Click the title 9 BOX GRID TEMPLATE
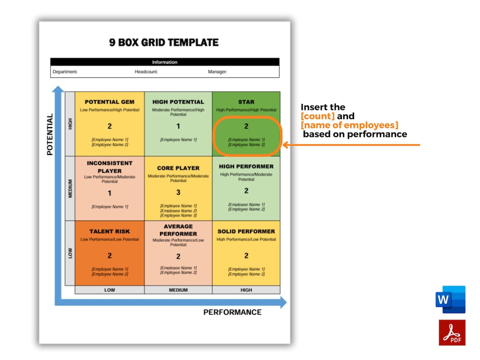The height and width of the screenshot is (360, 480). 164,43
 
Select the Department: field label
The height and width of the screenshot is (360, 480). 65,72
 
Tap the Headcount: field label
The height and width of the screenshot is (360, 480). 146,72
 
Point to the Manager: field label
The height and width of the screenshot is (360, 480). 217,72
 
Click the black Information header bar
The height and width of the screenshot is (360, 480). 165,62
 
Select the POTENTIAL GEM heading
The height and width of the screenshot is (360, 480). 109,102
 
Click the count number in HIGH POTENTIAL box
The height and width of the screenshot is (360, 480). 178,126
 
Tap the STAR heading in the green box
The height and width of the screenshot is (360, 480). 246,102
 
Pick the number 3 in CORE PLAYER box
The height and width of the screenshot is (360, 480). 178,192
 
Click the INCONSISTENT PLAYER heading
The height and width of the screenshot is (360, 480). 109,167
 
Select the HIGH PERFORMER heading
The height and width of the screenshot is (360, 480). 246,166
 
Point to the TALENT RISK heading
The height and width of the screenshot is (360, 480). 109,231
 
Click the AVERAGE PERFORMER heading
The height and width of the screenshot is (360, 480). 178,230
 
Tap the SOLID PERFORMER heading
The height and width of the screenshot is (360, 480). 246,231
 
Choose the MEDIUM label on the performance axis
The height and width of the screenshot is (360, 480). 178,290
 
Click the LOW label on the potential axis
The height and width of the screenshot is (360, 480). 70,253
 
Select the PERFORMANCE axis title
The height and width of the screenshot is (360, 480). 232,312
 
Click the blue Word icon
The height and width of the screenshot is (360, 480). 451,299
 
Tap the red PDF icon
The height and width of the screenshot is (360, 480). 452,332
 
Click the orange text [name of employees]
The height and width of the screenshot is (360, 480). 349,125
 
